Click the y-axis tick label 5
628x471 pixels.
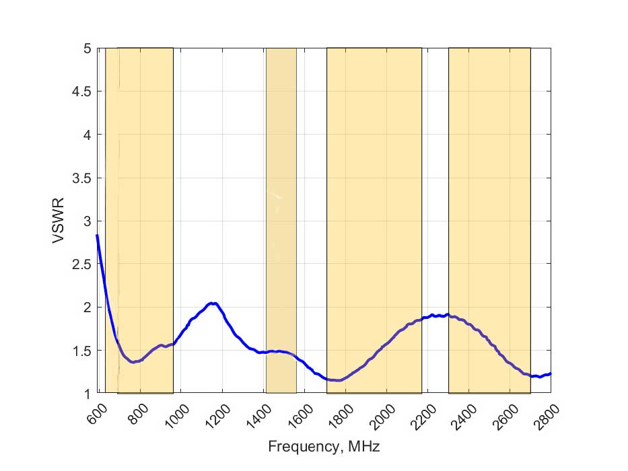coord(87,48)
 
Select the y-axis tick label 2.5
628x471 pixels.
coord(81,264)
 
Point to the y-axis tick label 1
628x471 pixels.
coord(87,393)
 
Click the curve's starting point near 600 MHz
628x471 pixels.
coord(97,235)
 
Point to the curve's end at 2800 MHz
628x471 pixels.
coord(551,373)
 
